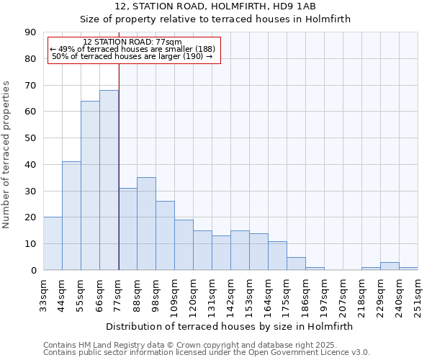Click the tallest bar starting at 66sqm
[109, 180]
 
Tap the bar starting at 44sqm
[71, 216]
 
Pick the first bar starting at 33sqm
[53, 243]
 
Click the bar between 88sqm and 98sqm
[146, 224]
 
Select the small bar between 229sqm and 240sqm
[390, 266]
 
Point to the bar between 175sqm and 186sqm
[296, 264]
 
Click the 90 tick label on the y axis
[30, 32]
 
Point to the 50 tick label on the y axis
[30, 138]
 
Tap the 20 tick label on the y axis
[30, 217]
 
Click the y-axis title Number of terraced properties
[7, 154]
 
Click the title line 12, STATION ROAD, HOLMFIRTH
[215, 6]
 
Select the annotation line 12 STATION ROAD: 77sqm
[132, 42]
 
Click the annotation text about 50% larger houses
[132, 56]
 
